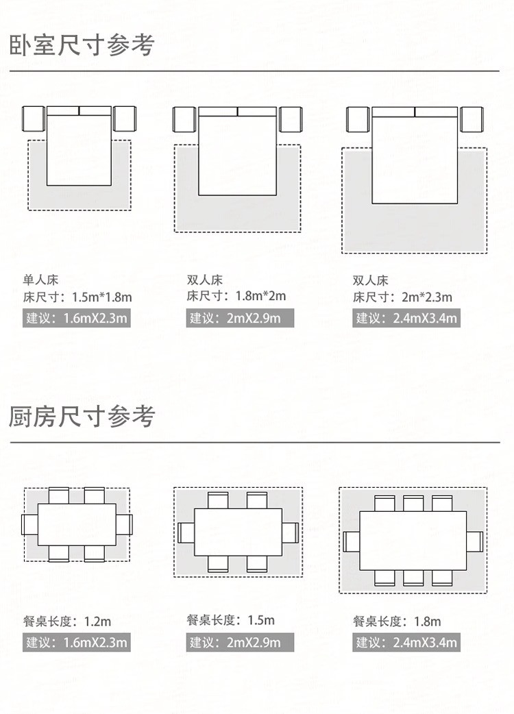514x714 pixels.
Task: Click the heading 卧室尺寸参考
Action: (82, 45)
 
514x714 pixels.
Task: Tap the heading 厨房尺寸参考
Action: (82, 416)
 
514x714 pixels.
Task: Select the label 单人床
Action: (40, 280)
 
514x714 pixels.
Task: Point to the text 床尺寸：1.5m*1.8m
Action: (77, 297)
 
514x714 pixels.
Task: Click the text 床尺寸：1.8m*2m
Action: (236, 297)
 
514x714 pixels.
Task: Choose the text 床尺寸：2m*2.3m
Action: (402, 297)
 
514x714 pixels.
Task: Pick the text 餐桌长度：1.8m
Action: (397, 622)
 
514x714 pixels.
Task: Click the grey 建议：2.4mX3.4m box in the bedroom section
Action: (406, 318)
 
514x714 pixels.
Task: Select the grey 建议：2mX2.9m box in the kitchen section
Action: (240, 643)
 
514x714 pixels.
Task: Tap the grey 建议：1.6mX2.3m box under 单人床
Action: (76, 318)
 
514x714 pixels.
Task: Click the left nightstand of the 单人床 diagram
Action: (33, 119)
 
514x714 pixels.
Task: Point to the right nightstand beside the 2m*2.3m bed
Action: (472, 120)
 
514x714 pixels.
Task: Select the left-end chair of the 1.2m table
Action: (29, 526)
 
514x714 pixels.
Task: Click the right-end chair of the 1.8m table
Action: (476, 541)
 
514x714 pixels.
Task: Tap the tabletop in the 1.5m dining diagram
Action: (238, 532)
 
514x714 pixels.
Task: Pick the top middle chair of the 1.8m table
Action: (413, 504)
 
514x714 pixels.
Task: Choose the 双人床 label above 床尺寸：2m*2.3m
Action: (370, 280)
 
